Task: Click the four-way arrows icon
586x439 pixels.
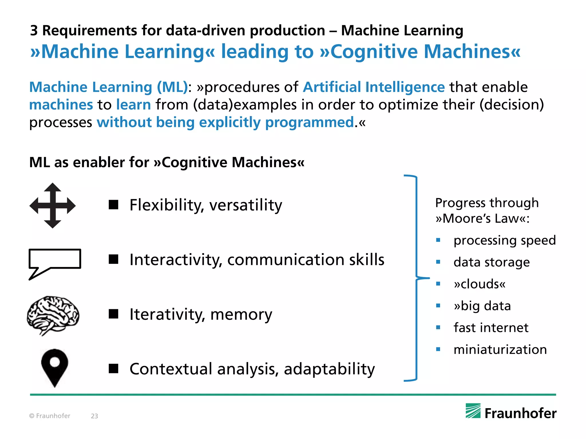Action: point(53,205)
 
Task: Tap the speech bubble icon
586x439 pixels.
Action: point(55,262)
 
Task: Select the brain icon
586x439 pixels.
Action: point(53,315)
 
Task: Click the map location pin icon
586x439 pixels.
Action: point(55,367)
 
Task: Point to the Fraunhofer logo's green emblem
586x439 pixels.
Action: point(473,411)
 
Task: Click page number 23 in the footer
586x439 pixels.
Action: point(94,416)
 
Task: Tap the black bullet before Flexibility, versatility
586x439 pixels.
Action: point(114,205)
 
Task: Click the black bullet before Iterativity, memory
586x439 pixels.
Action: point(114,314)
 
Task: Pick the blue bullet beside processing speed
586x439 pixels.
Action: point(438,240)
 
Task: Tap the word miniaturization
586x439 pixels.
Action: point(500,349)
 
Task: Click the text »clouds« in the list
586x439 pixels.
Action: point(480,284)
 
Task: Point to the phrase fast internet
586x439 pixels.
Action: point(491,328)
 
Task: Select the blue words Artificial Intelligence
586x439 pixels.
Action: point(374,87)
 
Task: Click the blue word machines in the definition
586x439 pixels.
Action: point(61,105)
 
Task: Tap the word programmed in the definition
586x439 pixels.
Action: point(310,122)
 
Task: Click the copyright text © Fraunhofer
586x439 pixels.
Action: point(50,416)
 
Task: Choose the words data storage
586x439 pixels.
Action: point(492,262)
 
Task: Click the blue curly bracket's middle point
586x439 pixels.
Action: point(423,278)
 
